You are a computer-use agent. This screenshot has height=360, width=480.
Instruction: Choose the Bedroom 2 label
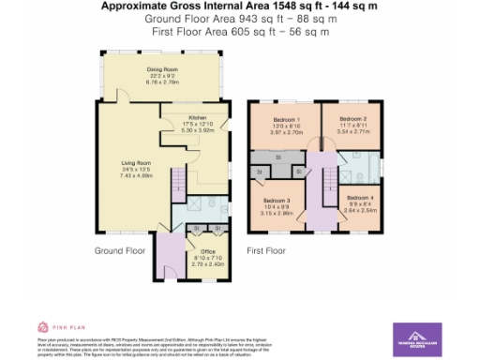tap(352, 120)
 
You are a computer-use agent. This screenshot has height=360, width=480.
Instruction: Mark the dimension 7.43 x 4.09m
tap(135, 174)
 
